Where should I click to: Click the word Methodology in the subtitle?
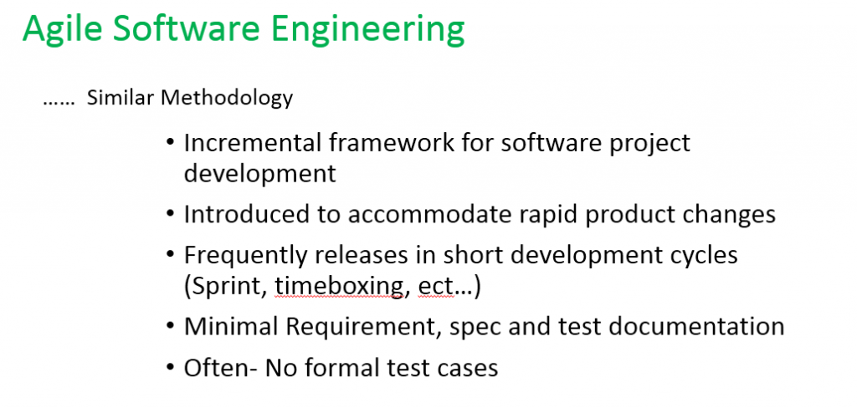pyautogui.click(x=227, y=99)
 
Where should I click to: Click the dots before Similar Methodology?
pyautogui.click(x=59, y=104)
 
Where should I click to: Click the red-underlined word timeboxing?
pyautogui.click(x=342, y=288)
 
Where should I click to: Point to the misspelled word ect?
pyautogui.click(x=436, y=288)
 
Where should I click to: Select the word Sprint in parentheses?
pyautogui.click(x=230, y=288)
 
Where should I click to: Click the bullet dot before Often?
pyautogui.click(x=171, y=366)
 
